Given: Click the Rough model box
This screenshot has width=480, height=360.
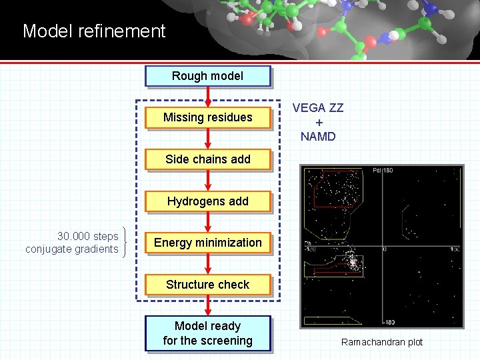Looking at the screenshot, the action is (x=207, y=76).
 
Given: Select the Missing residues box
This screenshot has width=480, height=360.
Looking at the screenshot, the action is (x=207, y=117).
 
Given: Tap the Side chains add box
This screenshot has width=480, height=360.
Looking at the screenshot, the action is (x=207, y=159).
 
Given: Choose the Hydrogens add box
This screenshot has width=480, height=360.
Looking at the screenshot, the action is (x=207, y=201).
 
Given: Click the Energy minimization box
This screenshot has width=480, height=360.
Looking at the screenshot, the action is (x=207, y=243).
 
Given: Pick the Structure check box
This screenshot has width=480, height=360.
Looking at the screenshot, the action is (x=207, y=285).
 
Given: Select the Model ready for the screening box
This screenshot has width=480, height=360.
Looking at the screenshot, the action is (x=207, y=333).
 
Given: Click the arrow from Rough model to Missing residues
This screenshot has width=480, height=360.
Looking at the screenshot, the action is (x=208, y=96).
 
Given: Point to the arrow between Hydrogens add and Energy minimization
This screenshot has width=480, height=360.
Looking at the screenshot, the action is (x=208, y=221).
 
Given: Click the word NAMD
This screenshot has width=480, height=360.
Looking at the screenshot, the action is (x=318, y=137).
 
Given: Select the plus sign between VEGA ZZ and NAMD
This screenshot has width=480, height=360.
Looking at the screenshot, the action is (x=318, y=123).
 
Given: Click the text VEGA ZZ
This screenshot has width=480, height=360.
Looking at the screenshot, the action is (x=318, y=108).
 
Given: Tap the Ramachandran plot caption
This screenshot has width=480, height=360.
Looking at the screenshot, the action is (x=382, y=342).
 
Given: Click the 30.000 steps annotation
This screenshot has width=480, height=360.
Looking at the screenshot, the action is (x=87, y=236).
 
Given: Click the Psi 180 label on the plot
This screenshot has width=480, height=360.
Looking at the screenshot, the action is (x=383, y=171).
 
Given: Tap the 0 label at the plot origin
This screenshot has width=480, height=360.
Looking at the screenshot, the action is (x=385, y=249).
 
